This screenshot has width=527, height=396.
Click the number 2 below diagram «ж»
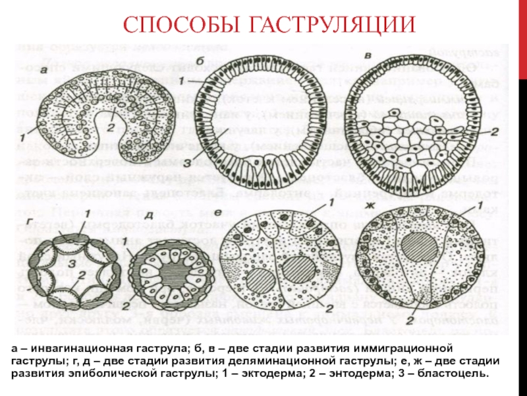(x=410, y=321)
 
